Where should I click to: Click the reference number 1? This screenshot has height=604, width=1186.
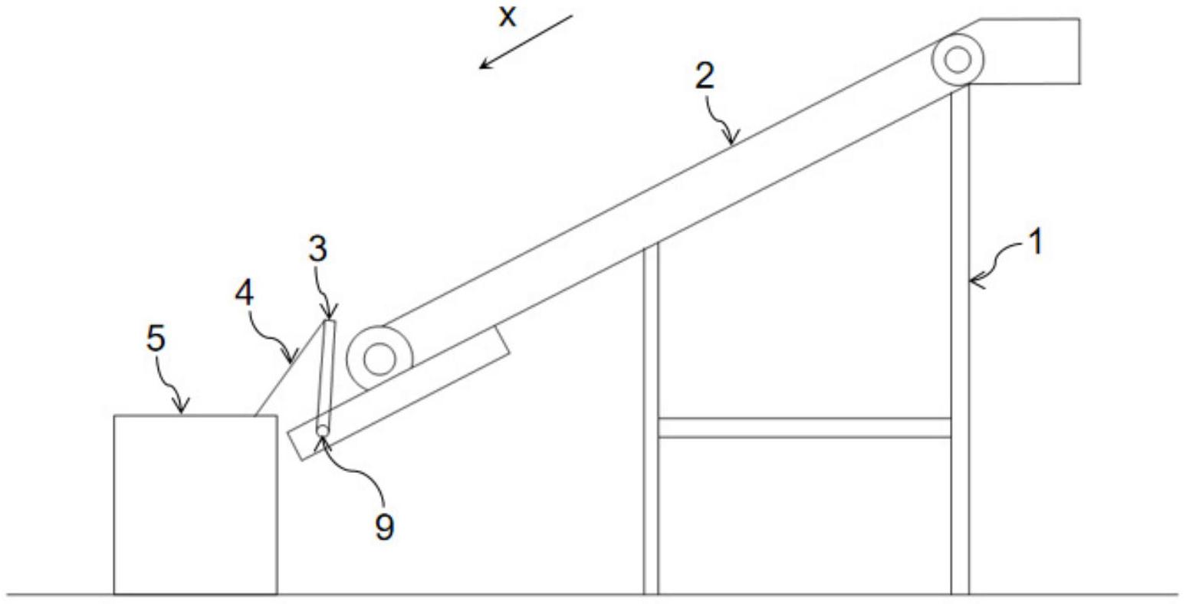click(x=1034, y=244)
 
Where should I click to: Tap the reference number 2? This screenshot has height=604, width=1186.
click(x=705, y=76)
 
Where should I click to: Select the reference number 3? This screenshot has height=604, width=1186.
click(x=317, y=249)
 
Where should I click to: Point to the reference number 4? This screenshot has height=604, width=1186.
click(x=245, y=294)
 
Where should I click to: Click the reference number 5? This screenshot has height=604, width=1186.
click(x=156, y=338)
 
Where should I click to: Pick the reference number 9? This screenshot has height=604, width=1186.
click(x=384, y=526)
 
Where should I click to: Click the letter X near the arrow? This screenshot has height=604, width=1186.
click(x=507, y=16)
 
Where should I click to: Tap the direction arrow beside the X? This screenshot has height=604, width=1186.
click(x=526, y=41)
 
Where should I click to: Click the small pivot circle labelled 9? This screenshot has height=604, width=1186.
click(x=323, y=432)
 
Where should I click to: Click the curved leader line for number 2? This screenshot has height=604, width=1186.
click(x=721, y=119)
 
